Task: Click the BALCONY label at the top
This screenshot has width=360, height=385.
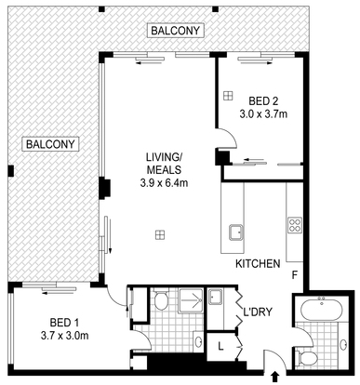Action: pos(175,31)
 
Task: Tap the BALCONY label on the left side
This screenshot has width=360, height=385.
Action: pos(50,144)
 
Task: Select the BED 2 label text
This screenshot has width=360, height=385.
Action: pos(263,101)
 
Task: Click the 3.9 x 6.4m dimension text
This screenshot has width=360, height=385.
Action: pos(164,183)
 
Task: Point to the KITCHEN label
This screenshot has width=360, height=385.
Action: pos(258,264)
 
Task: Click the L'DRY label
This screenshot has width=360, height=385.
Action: pos(258,312)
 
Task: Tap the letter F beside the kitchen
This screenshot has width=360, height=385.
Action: pos(295,274)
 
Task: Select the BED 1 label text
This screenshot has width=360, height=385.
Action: pos(64,323)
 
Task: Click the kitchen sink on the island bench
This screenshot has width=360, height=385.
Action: pos(236,232)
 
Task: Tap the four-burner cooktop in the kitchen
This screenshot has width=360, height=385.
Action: pos(295,225)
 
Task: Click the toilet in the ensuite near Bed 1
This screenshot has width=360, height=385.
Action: pos(161,299)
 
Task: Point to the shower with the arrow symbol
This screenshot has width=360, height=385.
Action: pos(191,300)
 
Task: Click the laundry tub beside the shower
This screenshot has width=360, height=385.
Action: pos(215,297)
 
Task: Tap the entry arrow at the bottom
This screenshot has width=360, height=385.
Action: pos(274,377)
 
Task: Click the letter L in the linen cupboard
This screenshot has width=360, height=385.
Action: pos(220,346)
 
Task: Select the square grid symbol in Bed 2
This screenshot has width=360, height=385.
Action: pos(228,96)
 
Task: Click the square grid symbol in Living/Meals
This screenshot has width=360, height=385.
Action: pos(160,235)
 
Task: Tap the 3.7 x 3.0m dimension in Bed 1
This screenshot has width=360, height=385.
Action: pos(64,336)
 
